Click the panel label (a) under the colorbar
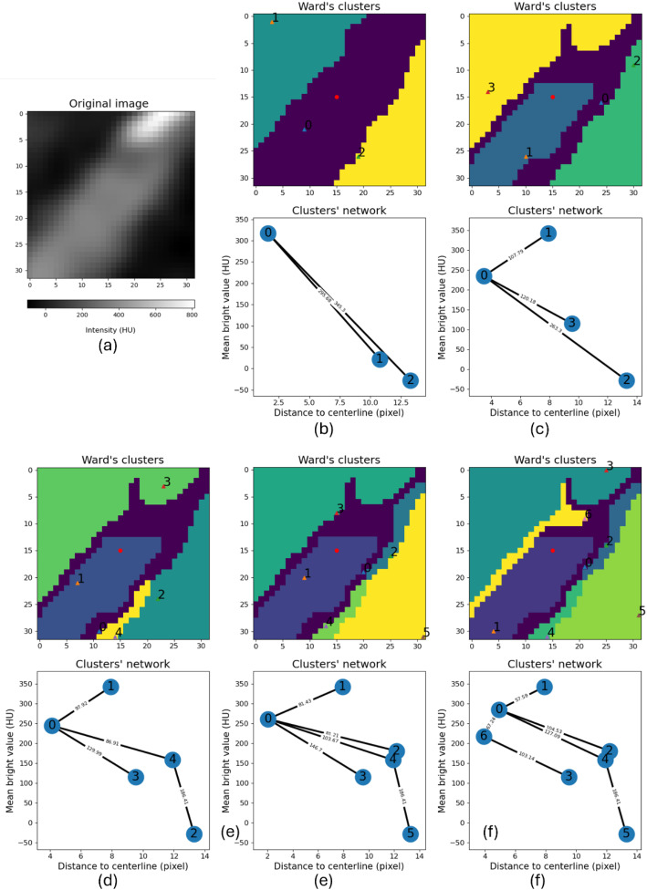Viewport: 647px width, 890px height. (110, 347)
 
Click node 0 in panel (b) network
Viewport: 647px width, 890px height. (268, 233)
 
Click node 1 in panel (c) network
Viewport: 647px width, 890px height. (548, 233)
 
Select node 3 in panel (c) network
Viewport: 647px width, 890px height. (571, 323)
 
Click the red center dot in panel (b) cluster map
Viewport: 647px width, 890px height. (337, 97)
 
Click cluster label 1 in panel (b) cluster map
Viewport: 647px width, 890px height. (276, 18)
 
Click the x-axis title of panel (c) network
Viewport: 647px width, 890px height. (555, 413)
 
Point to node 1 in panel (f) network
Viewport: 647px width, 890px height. (544, 686)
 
